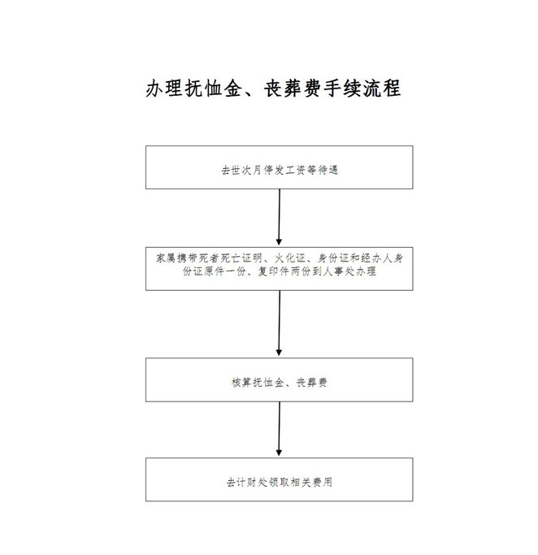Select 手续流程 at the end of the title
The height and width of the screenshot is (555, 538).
point(362,89)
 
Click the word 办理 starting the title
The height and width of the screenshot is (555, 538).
point(164,89)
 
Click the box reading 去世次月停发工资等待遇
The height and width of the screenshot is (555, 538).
point(280,167)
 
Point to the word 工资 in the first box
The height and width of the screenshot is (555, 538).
point(296,171)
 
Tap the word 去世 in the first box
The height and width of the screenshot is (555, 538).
point(231,171)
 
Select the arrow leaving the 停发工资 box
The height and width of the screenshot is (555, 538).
point(280,217)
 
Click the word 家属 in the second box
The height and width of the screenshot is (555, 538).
point(166,258)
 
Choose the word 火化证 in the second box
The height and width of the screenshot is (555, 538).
point(290,258)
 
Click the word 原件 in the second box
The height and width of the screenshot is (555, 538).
point(214,271)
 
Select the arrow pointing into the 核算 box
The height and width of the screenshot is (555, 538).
point(280,323)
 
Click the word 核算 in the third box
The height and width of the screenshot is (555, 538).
point(241,382)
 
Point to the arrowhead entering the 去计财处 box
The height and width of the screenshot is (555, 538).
point(279,453)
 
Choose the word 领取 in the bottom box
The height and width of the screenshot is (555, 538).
point(280,482)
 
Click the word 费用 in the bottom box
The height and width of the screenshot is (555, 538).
point(322,482)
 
